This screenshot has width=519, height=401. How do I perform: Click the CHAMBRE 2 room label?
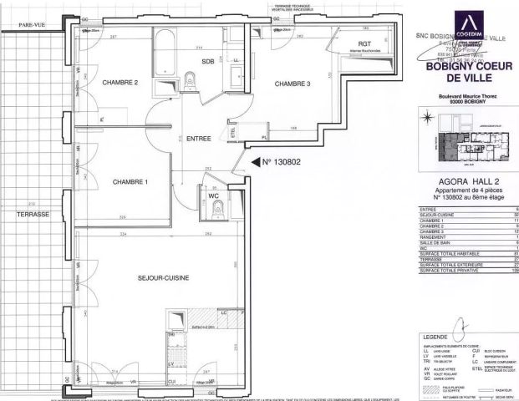tap(120, 83)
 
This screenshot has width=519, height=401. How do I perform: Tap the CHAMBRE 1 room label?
tap(130, 182)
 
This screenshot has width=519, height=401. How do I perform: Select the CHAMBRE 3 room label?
tap(293, 83)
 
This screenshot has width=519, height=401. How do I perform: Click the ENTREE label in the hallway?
tap(198, 139)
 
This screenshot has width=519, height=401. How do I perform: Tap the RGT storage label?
tap(364, 43)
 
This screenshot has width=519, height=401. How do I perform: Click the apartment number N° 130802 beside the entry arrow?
tap(280, 161)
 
